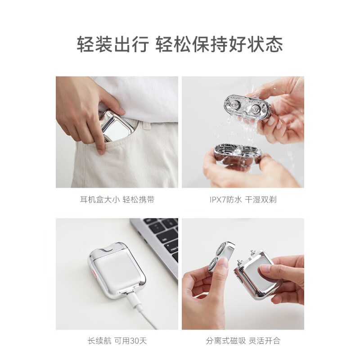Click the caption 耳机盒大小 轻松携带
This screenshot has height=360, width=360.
pos(117,199)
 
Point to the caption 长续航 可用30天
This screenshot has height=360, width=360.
pos(117,340)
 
